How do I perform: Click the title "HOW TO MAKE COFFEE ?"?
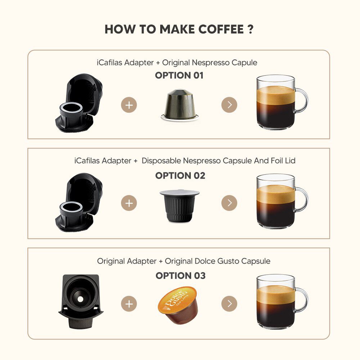click(x=179, y=30)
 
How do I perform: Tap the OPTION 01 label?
click(x=179, y=76)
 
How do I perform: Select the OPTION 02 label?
click(x=180, y=176)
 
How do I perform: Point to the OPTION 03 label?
click(x=180, y=276)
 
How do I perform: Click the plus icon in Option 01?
click(x=129, y=105)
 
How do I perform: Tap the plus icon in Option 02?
click(x=129, y=203)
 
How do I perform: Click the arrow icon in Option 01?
click(x=229, y=105)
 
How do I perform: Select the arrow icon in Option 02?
click(x=229, y=203)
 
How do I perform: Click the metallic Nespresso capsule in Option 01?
click(x=179, y=104)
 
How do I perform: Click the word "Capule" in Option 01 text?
click(x=245, y=63)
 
